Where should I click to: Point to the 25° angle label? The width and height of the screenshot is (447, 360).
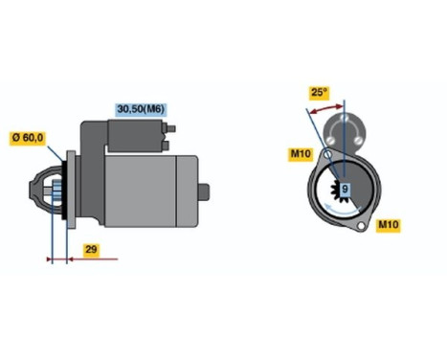pyautogui.click(x=319, y=94)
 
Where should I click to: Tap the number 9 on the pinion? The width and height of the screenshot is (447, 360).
pyautogui.click(x=346, y=189)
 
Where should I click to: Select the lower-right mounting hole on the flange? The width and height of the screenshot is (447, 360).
pyautogui.click(x=360, y=226)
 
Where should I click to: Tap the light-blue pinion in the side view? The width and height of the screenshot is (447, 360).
pyautogui.click(x=55, y=192)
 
